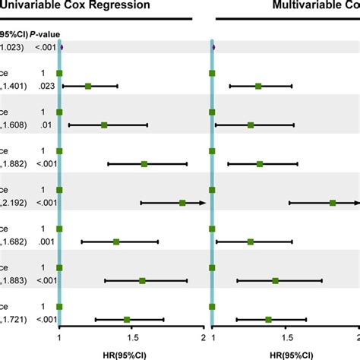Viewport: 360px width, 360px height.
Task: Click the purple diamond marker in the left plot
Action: [61, 47]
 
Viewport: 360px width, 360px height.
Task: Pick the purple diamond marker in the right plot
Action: [213, 47]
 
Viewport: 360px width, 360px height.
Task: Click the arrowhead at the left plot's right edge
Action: [204, 203]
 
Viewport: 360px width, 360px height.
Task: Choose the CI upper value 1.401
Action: [13, 86]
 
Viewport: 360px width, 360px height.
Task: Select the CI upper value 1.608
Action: [13, 125]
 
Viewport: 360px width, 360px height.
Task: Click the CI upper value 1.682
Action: [13, 242]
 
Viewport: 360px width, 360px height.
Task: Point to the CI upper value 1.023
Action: [11, 47]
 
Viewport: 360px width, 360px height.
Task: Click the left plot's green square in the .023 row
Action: [88, 86]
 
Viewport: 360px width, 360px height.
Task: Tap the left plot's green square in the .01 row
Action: [104, 125]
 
